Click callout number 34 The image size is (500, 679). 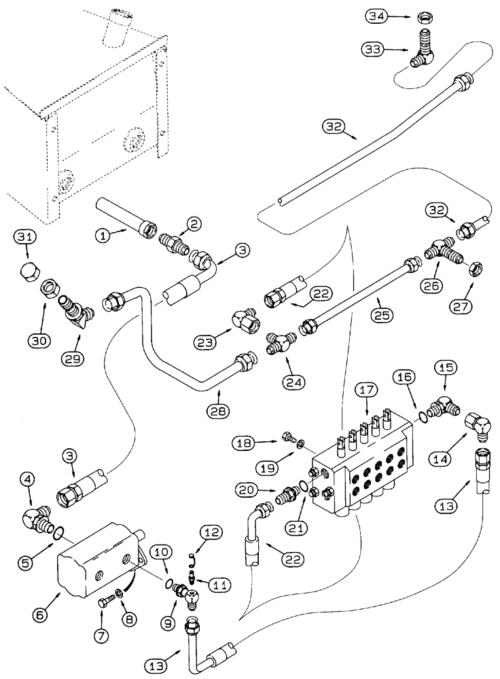(x=374, y=14)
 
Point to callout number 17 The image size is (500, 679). (x=366, y=390)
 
